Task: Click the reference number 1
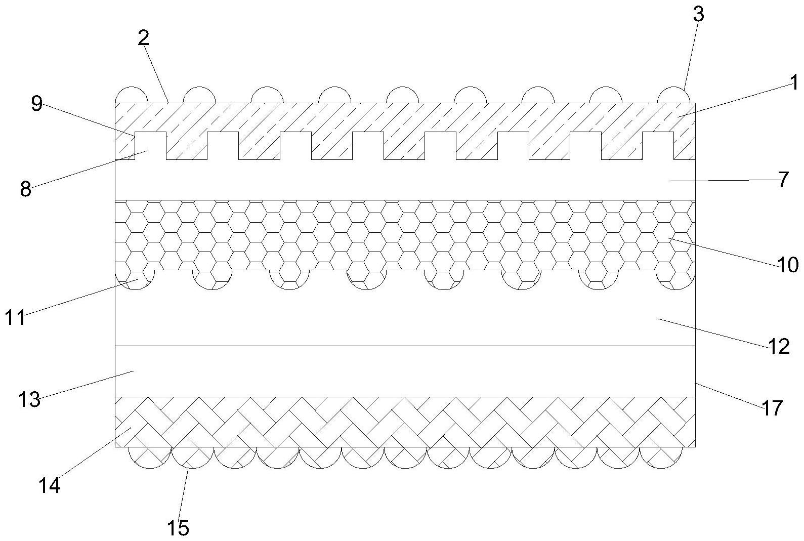coord(793,82)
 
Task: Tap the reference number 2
coord(144,38)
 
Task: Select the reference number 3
coord(698,15)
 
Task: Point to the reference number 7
coord(783,179)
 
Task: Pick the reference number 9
coord(36,104)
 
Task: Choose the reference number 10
coord(788,264)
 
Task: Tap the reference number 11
coord(15,318)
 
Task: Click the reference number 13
coord(29,400)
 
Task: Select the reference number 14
coord(50,486)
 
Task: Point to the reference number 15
coord(178,528)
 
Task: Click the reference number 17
coord(772,407)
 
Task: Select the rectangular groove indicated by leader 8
coord(150,146)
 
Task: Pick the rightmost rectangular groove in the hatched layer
coord(658,146)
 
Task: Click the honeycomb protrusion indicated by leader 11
coord(135,280)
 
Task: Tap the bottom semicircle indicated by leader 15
coord(192,458)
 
